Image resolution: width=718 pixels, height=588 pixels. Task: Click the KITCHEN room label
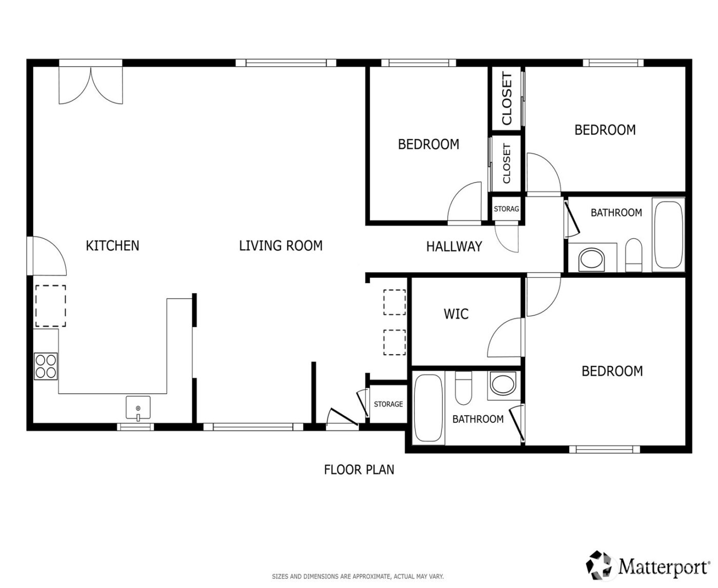pos(112,246)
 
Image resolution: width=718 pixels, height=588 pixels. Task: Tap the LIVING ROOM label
pos(281,246)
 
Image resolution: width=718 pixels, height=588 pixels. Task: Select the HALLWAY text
pos(454,247)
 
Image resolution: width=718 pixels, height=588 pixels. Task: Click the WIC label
pos(456,314)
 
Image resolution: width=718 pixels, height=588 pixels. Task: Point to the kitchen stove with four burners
pos(46,366)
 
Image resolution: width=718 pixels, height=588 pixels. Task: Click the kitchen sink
pos(138,408)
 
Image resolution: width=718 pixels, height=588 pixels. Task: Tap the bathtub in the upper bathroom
pos(669,235)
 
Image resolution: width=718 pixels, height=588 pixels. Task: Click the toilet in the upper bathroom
pos(634,255)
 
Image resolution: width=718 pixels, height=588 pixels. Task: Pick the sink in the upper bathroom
pos(591,259)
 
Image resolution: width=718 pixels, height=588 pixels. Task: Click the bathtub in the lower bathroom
pos(428,408)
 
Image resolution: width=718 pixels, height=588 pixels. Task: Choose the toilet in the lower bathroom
pos(464,389)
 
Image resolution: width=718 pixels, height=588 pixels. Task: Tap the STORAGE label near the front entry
pos(388,404)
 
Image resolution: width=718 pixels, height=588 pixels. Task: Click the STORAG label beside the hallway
pos(506,209)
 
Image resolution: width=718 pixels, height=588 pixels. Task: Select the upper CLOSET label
pos(507,98)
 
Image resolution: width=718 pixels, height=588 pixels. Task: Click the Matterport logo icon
pos(601,564)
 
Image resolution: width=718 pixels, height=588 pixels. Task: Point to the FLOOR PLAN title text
pos(359,469)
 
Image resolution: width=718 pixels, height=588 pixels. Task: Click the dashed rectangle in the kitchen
pos(50,306)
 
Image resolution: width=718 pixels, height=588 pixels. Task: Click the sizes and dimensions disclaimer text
pos(357,577)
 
